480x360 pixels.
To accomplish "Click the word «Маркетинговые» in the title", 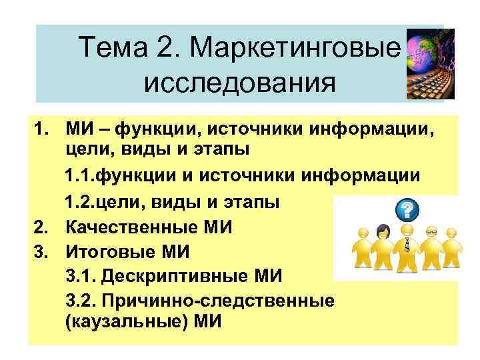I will tap(295, 48).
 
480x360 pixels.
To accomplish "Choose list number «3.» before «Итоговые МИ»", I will tap(41, 252).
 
